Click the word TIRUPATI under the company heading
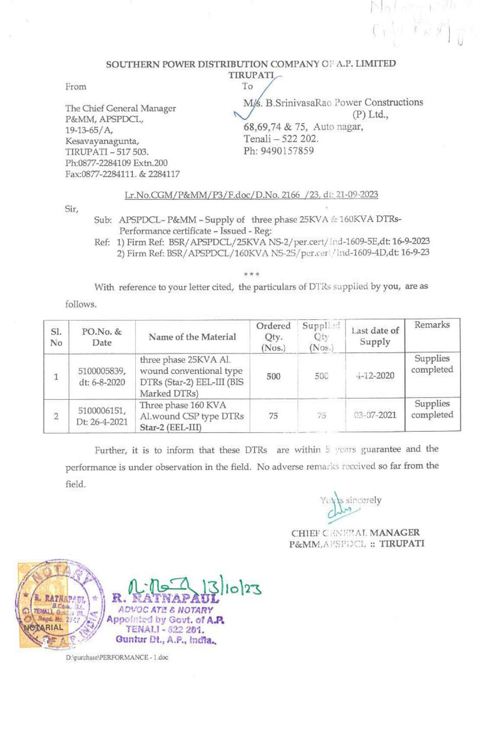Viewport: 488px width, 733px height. (x=251, y=75)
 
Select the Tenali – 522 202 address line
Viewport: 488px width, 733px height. (x=281, y=139)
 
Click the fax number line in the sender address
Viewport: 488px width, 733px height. (x=122, y=174)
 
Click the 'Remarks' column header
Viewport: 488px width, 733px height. (x=432, y=325)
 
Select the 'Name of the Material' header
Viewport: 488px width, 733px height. (x=192, y=337)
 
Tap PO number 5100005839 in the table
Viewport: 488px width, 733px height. (x=102, y=371)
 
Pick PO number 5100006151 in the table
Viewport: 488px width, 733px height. (x=102, y=410)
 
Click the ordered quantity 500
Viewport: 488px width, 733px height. (x=273, y=376)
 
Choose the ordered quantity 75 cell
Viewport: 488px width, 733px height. (x=273, y=416)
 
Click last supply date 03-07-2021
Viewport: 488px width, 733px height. (x=375, y=415)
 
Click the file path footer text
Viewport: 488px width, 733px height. (x=117, y=658)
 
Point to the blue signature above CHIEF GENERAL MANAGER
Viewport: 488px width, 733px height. (x=342, y=508)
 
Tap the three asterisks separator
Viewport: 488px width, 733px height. (x=254, y=274)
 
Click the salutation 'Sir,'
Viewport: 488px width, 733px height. (x=71, y=209)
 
